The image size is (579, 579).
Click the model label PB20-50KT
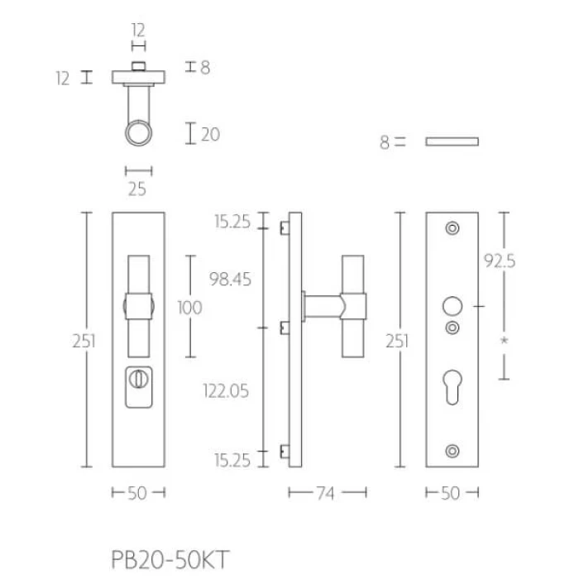point(170,559)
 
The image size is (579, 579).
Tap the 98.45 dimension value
point(230,279)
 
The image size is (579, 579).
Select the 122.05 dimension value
point(226,390)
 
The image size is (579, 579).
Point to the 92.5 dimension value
point(500,261)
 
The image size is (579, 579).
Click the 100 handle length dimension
point(189,307)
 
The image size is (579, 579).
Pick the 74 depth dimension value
point(325,493)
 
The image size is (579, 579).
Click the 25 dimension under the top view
point(137,189)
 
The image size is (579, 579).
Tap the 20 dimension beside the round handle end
point(210,134)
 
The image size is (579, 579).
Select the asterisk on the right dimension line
point(504,341)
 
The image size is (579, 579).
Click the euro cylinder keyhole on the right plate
point(452,387)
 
